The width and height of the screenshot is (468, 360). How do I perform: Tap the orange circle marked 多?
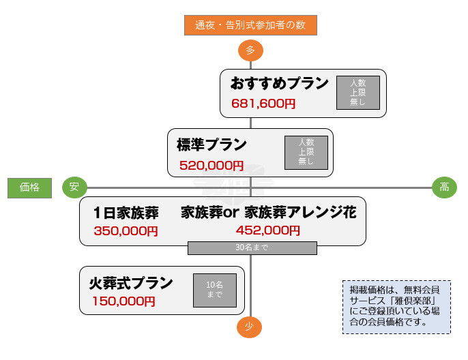(x=250, y=50)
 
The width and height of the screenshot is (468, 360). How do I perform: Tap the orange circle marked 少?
(x=250, y=327)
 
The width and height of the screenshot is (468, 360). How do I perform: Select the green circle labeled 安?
(x=74, y=187)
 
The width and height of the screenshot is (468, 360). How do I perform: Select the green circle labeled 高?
(x=444, y=187)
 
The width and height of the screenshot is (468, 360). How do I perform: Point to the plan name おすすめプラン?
(x=279, y=84)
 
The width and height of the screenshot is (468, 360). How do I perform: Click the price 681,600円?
(x=263, y=104)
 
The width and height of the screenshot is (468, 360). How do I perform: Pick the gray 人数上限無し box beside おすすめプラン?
(x=357, y=93)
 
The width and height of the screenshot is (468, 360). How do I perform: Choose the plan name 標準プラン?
(x=211, y=145)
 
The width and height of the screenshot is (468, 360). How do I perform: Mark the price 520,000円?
(x=211, y=165)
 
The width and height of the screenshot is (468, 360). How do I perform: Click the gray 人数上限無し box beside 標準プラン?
(x=306, y=153)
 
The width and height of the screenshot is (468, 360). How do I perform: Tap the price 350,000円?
(x=126, y=230)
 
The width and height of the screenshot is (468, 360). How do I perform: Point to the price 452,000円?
(x=268, y=230)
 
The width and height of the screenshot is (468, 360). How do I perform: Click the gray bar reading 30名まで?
(x=252, y=247)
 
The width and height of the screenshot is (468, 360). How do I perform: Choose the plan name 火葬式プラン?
(x=131, y=282)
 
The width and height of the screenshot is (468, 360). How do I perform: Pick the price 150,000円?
(x=124, y=301)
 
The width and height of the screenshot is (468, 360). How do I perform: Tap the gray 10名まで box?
(x=214, y=290)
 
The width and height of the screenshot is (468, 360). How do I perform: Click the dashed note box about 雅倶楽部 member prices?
(x=396, y=306)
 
